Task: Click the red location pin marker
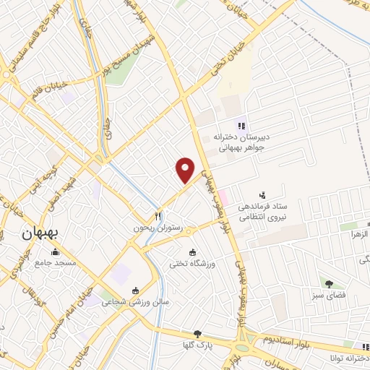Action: (x=186, y=170)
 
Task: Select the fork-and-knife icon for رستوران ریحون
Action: (x=158, y=216)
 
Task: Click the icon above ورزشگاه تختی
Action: (x=192, y=252)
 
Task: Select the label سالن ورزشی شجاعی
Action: (x=134, y=301)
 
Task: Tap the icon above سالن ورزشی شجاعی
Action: (x=134, y=291)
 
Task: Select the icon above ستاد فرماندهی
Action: (x=262, y=194)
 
